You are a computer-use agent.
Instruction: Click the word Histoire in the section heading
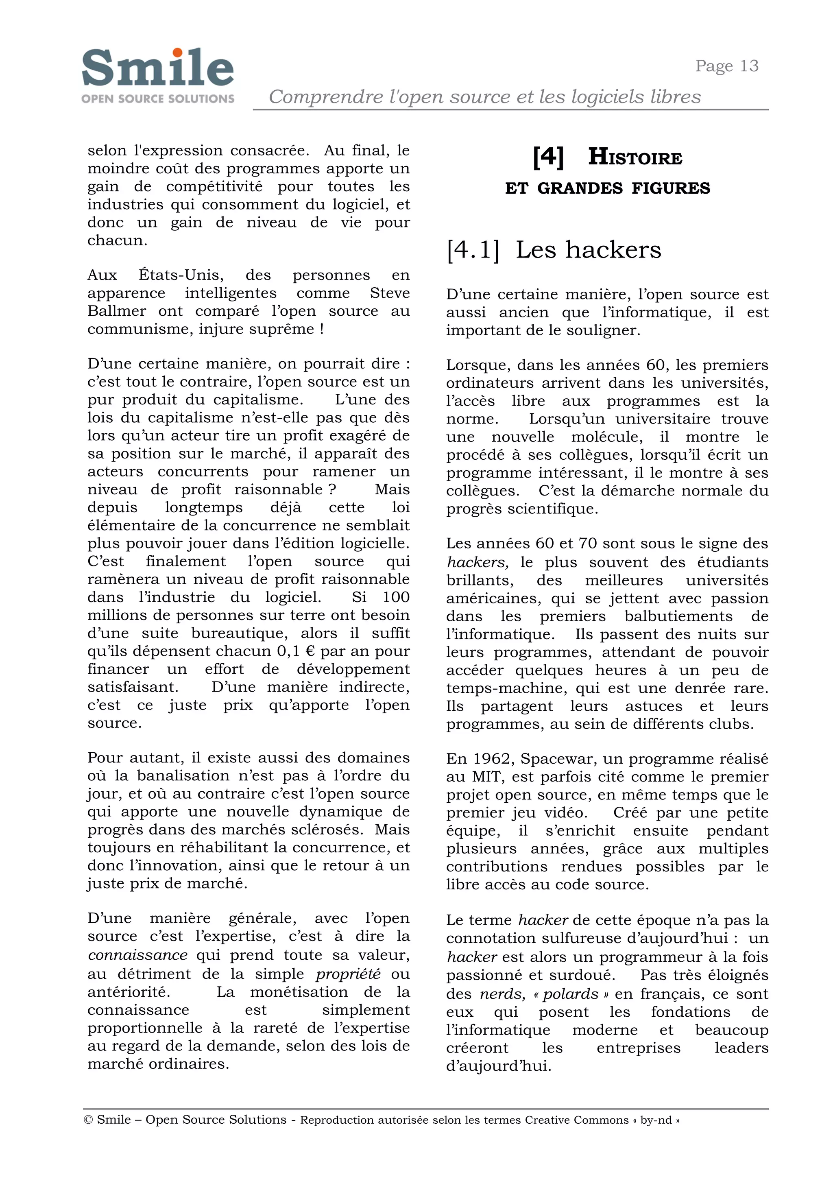635,157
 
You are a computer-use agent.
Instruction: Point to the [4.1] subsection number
472,250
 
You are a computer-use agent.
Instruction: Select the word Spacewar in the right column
554,759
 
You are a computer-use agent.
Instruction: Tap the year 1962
491,759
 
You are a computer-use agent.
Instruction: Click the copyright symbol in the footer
88,1120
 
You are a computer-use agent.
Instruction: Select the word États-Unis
181,275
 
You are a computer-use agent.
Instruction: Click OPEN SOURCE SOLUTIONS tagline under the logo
157,98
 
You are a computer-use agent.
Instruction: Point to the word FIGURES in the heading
670,188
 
